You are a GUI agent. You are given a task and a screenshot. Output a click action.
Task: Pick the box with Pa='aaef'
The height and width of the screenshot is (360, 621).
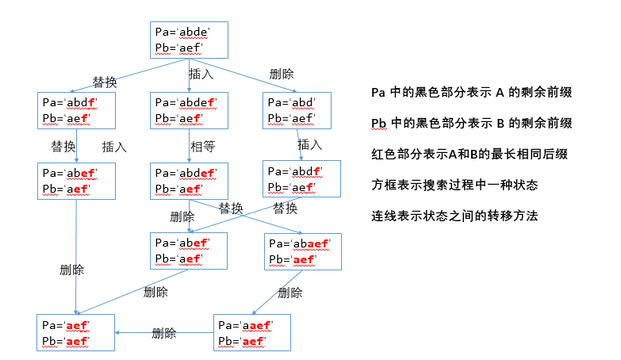(252, 333)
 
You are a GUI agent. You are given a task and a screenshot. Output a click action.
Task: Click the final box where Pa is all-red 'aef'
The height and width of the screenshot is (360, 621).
(76, 333)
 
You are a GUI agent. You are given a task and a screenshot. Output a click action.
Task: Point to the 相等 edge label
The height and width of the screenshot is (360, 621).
(202, 147)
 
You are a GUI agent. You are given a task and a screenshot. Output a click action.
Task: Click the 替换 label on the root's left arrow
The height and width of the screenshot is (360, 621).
(105, 82)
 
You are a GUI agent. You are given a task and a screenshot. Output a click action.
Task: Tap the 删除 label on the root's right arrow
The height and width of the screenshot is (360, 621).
(282, 74)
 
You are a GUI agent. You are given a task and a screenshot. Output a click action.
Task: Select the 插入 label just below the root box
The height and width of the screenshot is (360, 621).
(201, 74)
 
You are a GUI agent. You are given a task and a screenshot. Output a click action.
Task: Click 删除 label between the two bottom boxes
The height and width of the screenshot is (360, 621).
(164, 333)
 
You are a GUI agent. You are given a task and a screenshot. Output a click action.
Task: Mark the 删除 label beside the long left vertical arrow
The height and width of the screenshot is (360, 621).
(72, 270)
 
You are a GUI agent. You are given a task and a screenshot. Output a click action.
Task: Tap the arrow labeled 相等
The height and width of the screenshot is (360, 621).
(188, 147)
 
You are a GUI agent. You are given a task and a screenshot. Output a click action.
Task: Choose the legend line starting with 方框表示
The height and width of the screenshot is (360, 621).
(454, 185)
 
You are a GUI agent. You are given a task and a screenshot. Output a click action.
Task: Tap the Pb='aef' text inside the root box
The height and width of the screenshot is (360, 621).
(180, 48)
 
